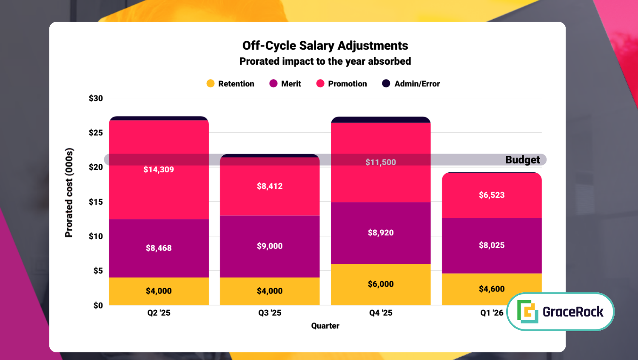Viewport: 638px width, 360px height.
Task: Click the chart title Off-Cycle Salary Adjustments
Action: point(325,46)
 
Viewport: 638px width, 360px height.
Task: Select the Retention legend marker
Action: point(211,83)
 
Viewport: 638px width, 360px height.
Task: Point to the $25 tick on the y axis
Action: point(96,133)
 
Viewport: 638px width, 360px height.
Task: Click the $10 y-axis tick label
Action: point(96,236)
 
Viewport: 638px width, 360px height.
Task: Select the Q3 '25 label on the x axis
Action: point(270,313)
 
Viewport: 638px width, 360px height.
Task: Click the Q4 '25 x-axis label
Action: point(381,313)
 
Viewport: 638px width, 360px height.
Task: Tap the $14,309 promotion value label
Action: point(159,169)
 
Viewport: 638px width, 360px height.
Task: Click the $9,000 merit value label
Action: point(270,246)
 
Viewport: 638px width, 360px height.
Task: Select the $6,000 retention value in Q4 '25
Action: point(381,284)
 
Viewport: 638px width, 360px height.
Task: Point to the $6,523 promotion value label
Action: point(492,195)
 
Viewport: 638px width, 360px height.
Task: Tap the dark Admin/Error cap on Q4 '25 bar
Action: point(381,120)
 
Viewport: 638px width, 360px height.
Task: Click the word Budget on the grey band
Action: point(522,160)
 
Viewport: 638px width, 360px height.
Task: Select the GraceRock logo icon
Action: point(527,311)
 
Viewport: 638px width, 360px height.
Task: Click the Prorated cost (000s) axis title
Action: point(69,192)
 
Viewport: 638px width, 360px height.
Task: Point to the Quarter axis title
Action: point(325,326)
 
